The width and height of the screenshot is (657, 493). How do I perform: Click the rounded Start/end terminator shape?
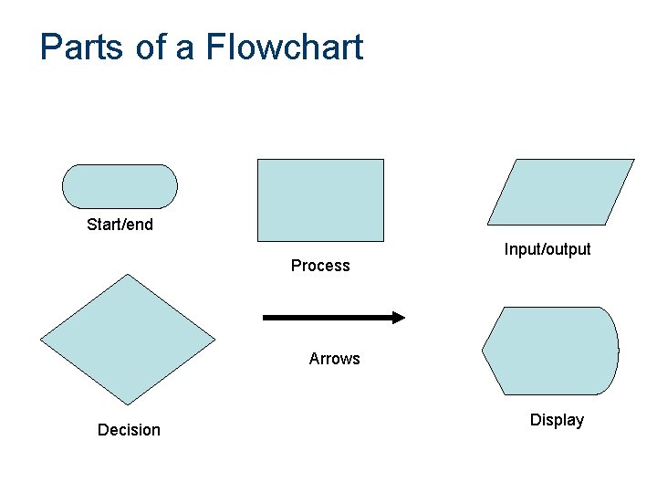[120, 186]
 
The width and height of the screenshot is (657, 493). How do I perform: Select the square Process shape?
[320, 200]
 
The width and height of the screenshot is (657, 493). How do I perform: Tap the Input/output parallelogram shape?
[560, 192]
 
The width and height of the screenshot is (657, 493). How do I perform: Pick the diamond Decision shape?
[128, 340]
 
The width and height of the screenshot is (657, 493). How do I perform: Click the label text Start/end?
[120, 225]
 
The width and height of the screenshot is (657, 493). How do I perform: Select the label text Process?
[320, 266]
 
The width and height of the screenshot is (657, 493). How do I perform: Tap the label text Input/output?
[547, 249]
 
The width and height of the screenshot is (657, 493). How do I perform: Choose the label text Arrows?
[334, 359]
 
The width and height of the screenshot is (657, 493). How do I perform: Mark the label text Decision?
[129, 430]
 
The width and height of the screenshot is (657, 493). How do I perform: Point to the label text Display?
[557, 420]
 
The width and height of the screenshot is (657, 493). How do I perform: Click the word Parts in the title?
[82, 47]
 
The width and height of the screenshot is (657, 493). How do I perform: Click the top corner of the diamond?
[128, 276]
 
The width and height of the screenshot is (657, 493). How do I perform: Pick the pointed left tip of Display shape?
[484, 351]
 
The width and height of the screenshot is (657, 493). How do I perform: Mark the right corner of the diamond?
[214, 340]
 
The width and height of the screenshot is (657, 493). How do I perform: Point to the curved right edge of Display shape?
[617, 351]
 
